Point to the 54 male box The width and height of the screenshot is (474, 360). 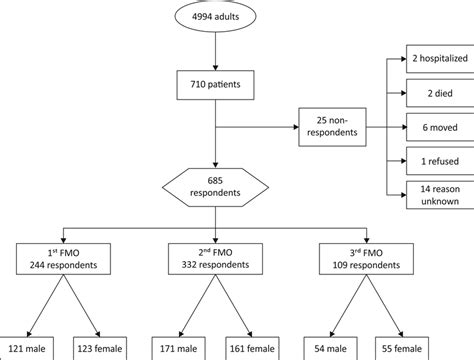(335, 348)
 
